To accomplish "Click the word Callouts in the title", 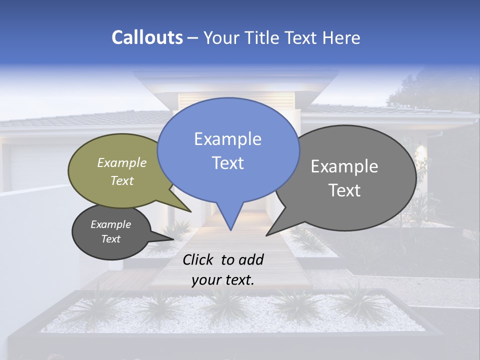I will (x=147, y=37).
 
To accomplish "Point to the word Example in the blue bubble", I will (x=227, y=139).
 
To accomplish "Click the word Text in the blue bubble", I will (x=227, y=163).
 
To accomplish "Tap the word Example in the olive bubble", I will (x=122, y=162).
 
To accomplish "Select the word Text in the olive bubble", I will (x=122, y=180).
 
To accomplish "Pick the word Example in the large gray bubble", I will (x=344, y=166).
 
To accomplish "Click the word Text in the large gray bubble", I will (x=344, y=190).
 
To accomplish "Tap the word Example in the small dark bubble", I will (x=110, y=224).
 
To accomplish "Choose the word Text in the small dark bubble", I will (x=110, y=239).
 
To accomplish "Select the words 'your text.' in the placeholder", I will (x=222, y=280).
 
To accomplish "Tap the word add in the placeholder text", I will (x=251, y=259).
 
